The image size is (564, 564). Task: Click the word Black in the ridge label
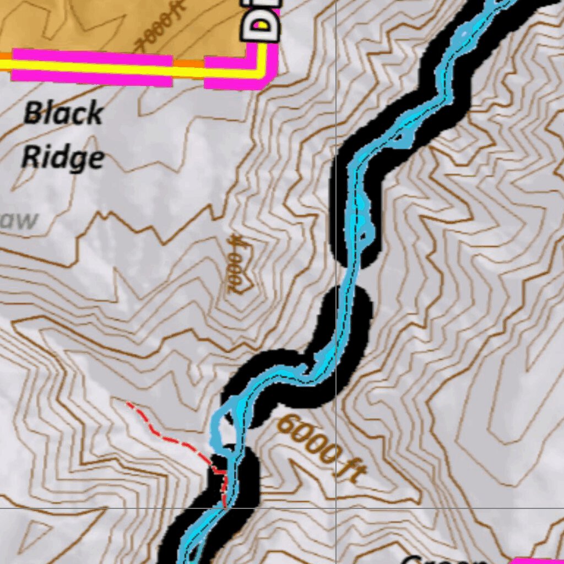click(63, 114)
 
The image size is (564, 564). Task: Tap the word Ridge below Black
click(62, 158)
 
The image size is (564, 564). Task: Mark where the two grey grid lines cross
click(336, 508)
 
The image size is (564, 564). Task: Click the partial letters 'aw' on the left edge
click(21, 220)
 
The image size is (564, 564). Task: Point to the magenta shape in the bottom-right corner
click(537, 561)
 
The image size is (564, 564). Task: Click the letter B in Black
click(33, 114)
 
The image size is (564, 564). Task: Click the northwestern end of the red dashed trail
click(128, 404)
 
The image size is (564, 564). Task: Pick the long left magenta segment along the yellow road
click(91, 67)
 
